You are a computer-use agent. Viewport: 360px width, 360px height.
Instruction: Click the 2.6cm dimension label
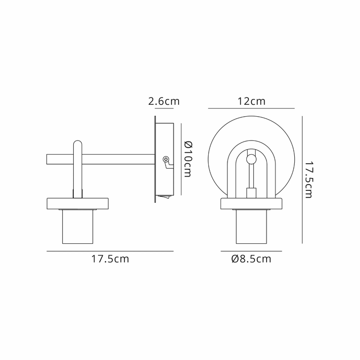pyautogui.click(x=164, y=102)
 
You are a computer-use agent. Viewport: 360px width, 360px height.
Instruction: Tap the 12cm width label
pyautogui.click(x=251, y=101)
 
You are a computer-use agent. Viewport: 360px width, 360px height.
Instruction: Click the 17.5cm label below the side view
pyautogui.click(x=110, y=259)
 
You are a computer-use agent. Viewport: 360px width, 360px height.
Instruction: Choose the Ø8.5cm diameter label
pyautogui.click(x=251, y=259)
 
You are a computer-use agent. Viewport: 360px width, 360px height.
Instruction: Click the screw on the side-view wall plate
pyautogui.click(x=166, y=159)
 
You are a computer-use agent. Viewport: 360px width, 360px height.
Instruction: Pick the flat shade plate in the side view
pyautogui.click(x=78, y=203)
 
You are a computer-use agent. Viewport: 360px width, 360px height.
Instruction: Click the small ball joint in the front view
pyautogui.click(x=251, y=159)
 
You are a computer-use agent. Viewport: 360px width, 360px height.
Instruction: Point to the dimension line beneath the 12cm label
pyautogui.click(x=251, y=108)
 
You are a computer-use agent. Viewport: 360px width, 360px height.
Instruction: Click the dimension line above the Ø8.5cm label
pyautogui.click(x=251, y=251)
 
